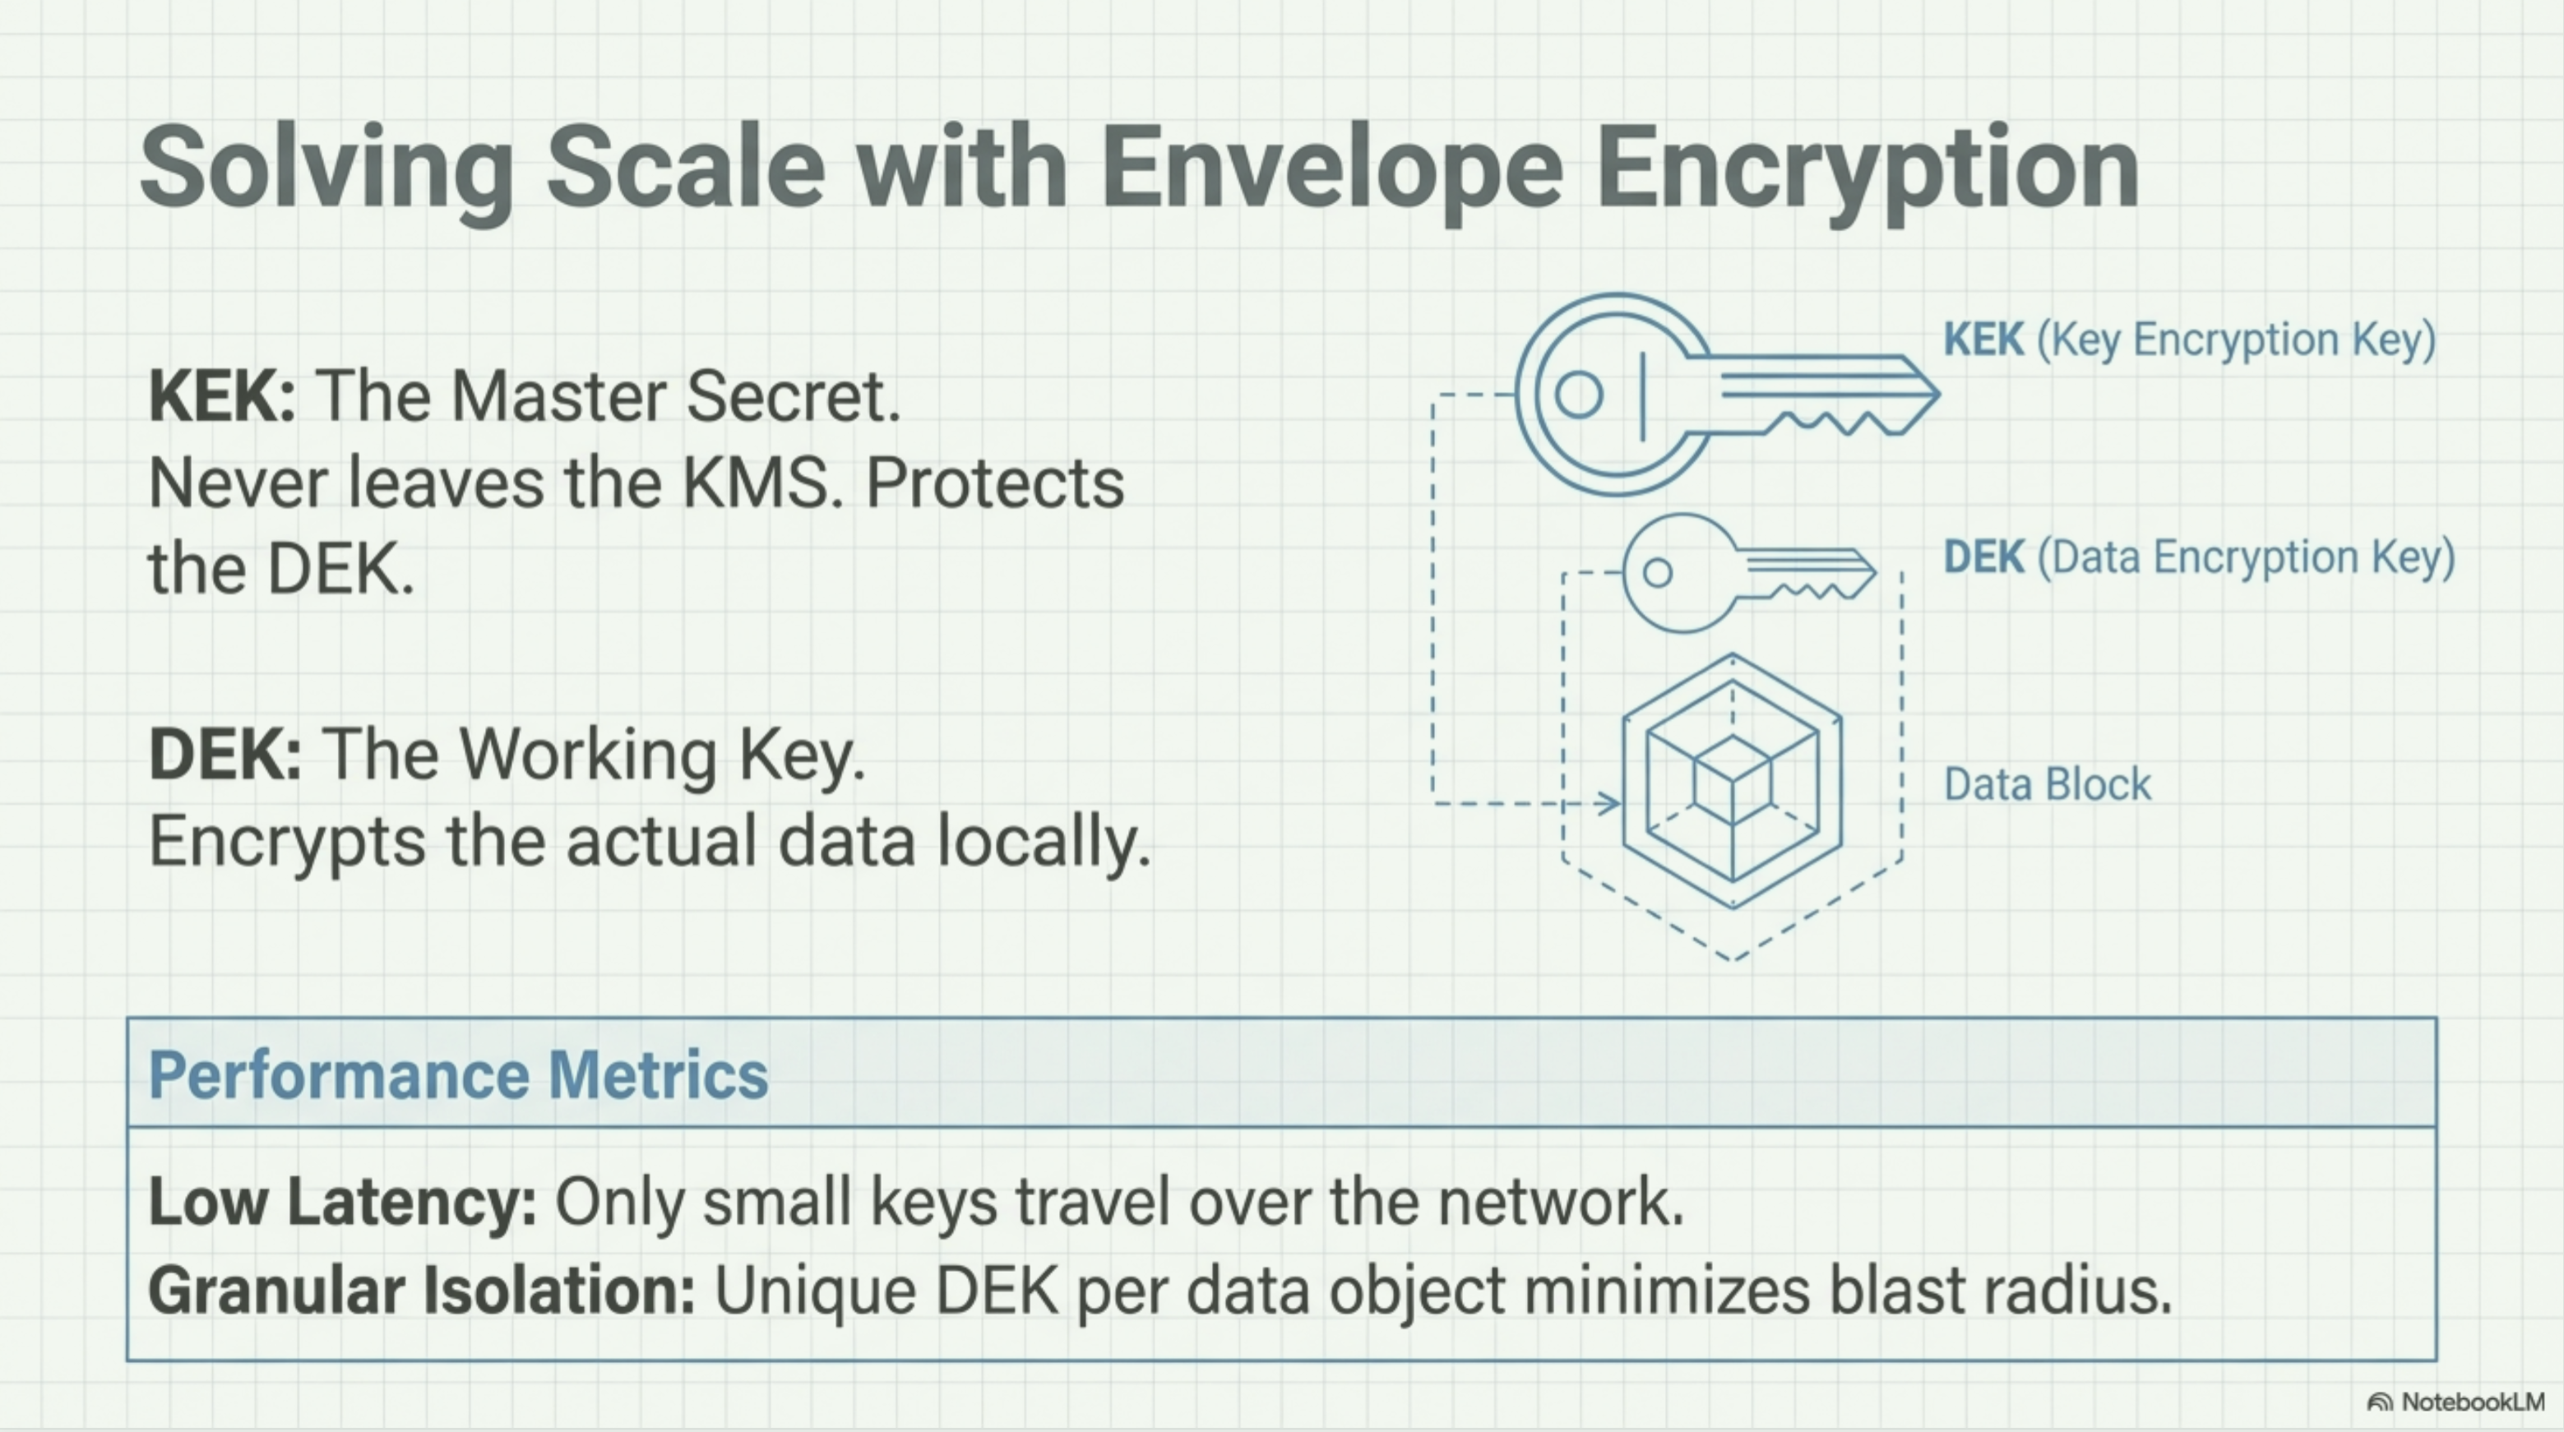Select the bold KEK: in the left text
click(221, 396)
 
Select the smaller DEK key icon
click(1742, 573)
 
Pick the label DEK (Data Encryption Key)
click(2199, 557)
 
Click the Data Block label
click(2047, 784)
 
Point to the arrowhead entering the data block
click(1608, 802)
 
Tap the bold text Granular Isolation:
click(421, 1291)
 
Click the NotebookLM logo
click(2455, 1402)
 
